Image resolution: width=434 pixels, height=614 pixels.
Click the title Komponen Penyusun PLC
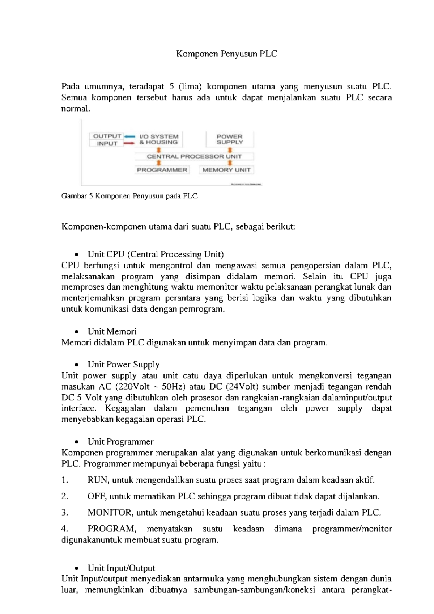[226, 54]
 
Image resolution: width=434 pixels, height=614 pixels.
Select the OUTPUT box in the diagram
[107, 136]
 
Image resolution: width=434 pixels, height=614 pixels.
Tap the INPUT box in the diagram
[107, 143]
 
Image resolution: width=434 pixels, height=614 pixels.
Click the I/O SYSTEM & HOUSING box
[159, 139]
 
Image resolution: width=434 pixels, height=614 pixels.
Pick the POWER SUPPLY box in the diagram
[230, 139]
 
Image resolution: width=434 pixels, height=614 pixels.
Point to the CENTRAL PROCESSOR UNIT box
[194, 156]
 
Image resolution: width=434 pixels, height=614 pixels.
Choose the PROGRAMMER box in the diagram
[162, 170]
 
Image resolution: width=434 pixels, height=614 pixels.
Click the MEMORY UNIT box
[226, 170]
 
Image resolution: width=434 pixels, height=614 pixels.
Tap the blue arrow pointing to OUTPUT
[129, 136]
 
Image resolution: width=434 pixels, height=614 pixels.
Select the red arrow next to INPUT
[129, 143]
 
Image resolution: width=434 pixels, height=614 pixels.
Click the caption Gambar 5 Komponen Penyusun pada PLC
[129, 196]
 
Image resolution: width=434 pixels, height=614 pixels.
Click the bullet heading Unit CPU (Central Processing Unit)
[156, 254]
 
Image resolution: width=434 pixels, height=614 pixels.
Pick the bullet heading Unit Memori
[112, 331]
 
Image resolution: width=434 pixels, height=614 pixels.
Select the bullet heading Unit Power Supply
[123, 365]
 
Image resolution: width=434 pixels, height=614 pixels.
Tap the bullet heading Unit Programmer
[120, 442]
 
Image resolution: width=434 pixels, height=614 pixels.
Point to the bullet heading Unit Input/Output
[121, 568]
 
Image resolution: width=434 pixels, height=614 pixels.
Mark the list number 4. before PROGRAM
[65, 529]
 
